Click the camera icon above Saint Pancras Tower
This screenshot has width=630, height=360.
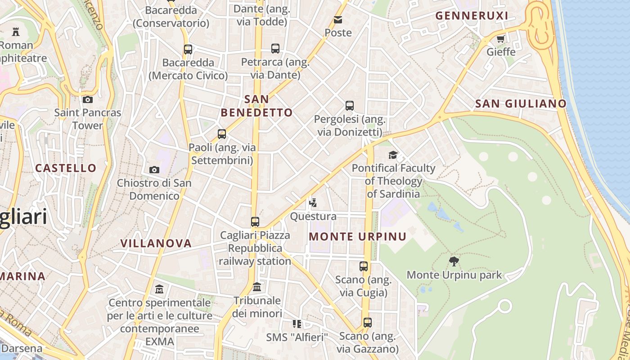[88, 99]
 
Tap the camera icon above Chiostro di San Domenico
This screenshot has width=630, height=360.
[154, 170]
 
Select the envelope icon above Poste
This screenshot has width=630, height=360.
[338, 19]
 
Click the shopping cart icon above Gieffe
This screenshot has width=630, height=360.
[501, 39]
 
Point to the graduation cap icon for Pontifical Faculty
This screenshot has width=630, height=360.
[393, 155]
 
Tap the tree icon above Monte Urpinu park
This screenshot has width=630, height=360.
[454, 261]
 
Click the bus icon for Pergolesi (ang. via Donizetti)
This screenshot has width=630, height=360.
[350, 106]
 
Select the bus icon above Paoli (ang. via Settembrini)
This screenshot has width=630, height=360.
[222, 134]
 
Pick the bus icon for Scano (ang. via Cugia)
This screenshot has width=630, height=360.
[364, 266]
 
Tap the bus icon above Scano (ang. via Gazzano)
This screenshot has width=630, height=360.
[368, 323]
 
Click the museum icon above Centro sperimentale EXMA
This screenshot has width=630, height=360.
[159, 288]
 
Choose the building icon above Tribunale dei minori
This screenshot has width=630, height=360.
[257, 287]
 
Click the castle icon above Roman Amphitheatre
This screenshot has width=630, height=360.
[16, 31]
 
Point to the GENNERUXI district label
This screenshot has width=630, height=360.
[472, 16]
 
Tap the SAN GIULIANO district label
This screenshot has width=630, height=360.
[521, 103]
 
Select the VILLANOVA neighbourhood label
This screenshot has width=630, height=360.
[156, 243]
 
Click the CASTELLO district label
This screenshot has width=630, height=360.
[66, 168]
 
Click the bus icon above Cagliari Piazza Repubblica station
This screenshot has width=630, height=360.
[255, 222]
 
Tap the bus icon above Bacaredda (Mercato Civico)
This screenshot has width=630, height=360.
[188, 49]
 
